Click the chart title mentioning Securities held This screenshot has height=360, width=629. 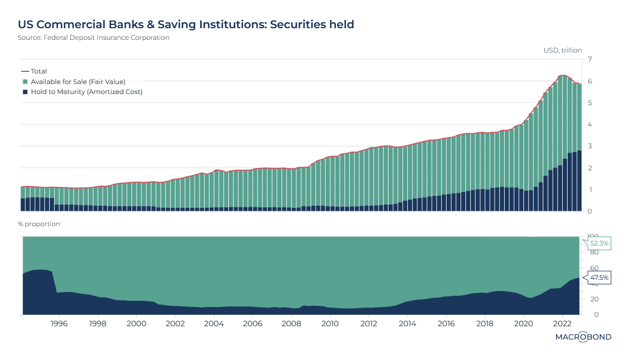(x=186, y=25)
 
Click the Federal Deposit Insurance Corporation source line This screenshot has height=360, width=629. (x=93, y=38)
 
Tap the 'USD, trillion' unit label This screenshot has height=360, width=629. (x=563, y=50)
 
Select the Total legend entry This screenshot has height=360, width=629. (x=39, y=71)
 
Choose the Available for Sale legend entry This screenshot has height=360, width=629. (x=78, y=81)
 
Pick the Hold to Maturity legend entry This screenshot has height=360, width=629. (x=86, y=92)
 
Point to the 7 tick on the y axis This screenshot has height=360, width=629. (x=590, y=59)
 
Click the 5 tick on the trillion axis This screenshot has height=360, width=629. (x=590, y=103)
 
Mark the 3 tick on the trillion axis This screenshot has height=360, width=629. (x=590, y=146)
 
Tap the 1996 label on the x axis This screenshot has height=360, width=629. (x=59, y=323)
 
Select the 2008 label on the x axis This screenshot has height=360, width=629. (x=291, y=323)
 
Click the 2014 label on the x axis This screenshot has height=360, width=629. (x=407, y=323)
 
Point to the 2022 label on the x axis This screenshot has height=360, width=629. (x=562, y=323)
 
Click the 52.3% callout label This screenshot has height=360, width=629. (x=599, y=243)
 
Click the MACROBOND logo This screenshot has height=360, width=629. (x=584, y=337)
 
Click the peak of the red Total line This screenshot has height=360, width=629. (x=563, y=75)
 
